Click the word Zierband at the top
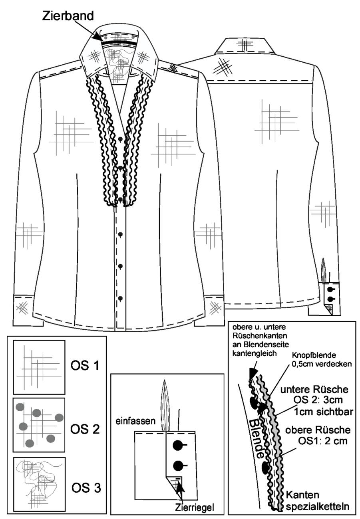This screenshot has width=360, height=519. [68, 16]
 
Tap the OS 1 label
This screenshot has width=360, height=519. [85, 366]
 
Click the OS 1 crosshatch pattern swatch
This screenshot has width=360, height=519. [39, 367]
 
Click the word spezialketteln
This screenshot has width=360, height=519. [318, 506]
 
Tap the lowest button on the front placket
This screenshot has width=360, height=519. [120, 299]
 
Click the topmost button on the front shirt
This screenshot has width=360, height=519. [120, 139]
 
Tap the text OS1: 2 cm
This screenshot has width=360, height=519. [323, 441]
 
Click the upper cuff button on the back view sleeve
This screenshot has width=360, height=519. [330, 289]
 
